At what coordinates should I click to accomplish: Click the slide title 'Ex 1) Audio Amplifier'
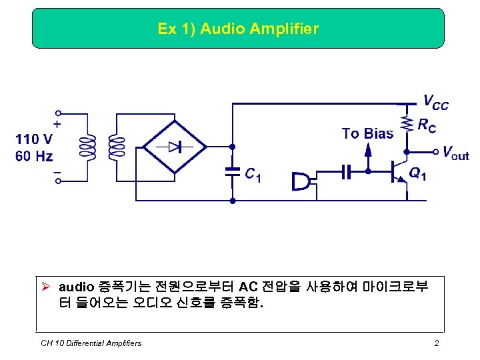(238, 29)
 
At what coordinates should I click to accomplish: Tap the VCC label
(436, 103)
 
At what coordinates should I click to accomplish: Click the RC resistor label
(427, 125)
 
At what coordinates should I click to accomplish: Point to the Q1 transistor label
(418, 174)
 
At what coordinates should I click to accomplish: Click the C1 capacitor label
(252, 175)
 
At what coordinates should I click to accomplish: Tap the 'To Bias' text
(367, 133)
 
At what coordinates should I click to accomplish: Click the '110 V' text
(33, 139)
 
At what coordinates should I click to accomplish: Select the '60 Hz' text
(33, 157)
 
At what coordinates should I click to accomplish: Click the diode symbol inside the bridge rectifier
(176, 147)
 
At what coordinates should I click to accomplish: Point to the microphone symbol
(301, 181)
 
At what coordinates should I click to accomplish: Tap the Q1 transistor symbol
(400, 170)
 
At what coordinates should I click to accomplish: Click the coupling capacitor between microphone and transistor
(345, 171)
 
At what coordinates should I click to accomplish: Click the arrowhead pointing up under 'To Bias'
(368, 149)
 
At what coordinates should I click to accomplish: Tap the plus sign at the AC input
(57, 124)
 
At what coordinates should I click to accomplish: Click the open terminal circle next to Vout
(436, 151)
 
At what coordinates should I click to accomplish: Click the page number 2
(436, 343)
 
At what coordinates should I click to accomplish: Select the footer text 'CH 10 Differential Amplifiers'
(91, 343)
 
